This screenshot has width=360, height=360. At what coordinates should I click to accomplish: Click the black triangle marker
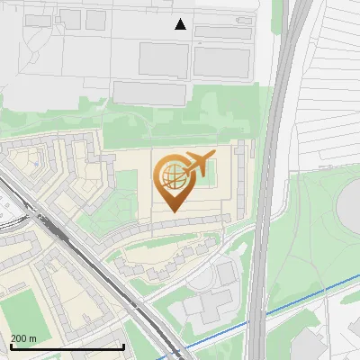pyautogui.click(x=181, y=24)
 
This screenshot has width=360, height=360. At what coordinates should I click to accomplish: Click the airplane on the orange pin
pyautogui.click(x=198, y=164)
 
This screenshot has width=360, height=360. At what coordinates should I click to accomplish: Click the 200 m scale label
pyautogui.click(x=23, y=338)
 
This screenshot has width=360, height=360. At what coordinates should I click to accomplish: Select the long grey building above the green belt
pyautogui.click(x=148, y=92)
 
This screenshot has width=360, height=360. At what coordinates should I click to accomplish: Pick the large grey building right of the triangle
pyautogui.click(x=221, y=61)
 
